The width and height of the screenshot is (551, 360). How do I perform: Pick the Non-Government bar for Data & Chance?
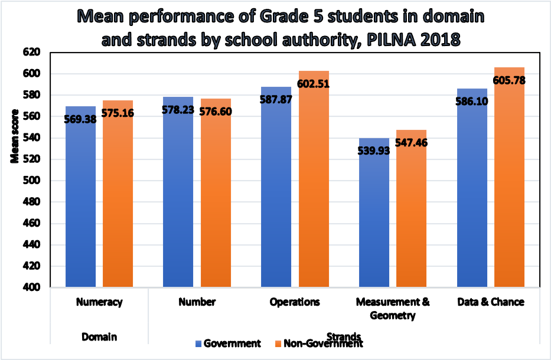[x=509, y=195]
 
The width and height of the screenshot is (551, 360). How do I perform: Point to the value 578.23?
[x=178, y=109]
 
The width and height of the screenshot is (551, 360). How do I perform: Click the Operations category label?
[x=295, y=302]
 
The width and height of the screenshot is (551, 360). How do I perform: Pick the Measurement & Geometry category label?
[x=393, y=308]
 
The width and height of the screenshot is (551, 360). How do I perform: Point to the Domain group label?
[x=99, y=336]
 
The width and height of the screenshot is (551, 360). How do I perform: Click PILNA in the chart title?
[x=400, y=40]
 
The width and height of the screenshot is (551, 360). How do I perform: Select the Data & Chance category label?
[x=491, y=302]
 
